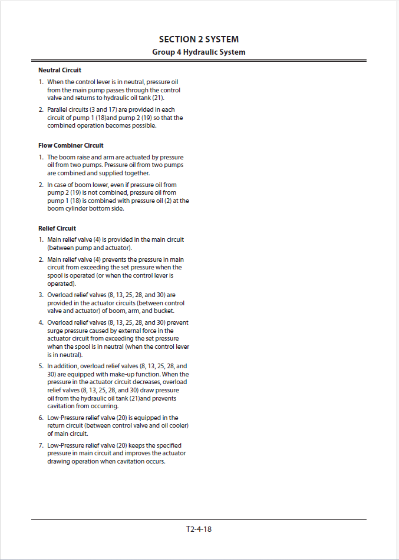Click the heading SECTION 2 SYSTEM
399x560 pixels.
[x=199, y=39]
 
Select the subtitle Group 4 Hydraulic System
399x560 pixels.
[x=199, y=52]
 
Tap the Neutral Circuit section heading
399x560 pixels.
[x=60, y=70]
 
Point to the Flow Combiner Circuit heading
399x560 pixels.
[x=71, y=145]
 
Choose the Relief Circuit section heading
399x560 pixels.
[x=57, y=228]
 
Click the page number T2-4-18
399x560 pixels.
[x=199, y=529]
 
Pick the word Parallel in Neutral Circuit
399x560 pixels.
[x=59, y=110]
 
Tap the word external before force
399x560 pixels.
[x=128, y=331]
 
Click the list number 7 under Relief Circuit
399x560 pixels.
[x=41, y=445]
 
